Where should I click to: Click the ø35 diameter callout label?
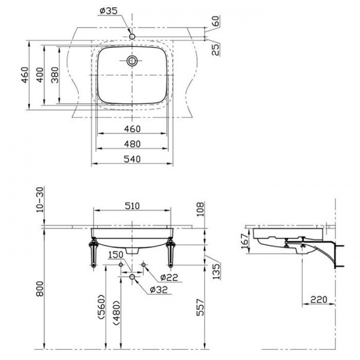click(109, 10)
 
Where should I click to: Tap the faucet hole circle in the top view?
click(132, 36)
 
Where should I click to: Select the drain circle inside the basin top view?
click(132, 61)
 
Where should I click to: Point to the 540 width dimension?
click(132, 159)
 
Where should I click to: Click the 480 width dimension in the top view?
click(132, 144)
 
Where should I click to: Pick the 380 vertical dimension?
click(55, 75)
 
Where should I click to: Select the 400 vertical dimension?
click(40, 75)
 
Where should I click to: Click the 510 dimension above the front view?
click(132, 206)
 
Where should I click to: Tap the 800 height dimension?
click(40, 289)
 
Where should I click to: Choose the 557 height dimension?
click(200, 307)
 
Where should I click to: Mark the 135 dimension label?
click(216, 271)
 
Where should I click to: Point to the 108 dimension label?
click(200, 209)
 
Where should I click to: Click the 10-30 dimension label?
click(40, 200)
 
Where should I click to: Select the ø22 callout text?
click(169, 277)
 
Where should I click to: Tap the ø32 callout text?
click(158, 290)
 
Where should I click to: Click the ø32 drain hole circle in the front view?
click(132, 277)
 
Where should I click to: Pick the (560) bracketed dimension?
click(101, 307)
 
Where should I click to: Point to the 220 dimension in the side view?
click(319, 299)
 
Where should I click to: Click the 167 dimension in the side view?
click(245, 241)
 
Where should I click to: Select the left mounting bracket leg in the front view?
click(94, 253)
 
